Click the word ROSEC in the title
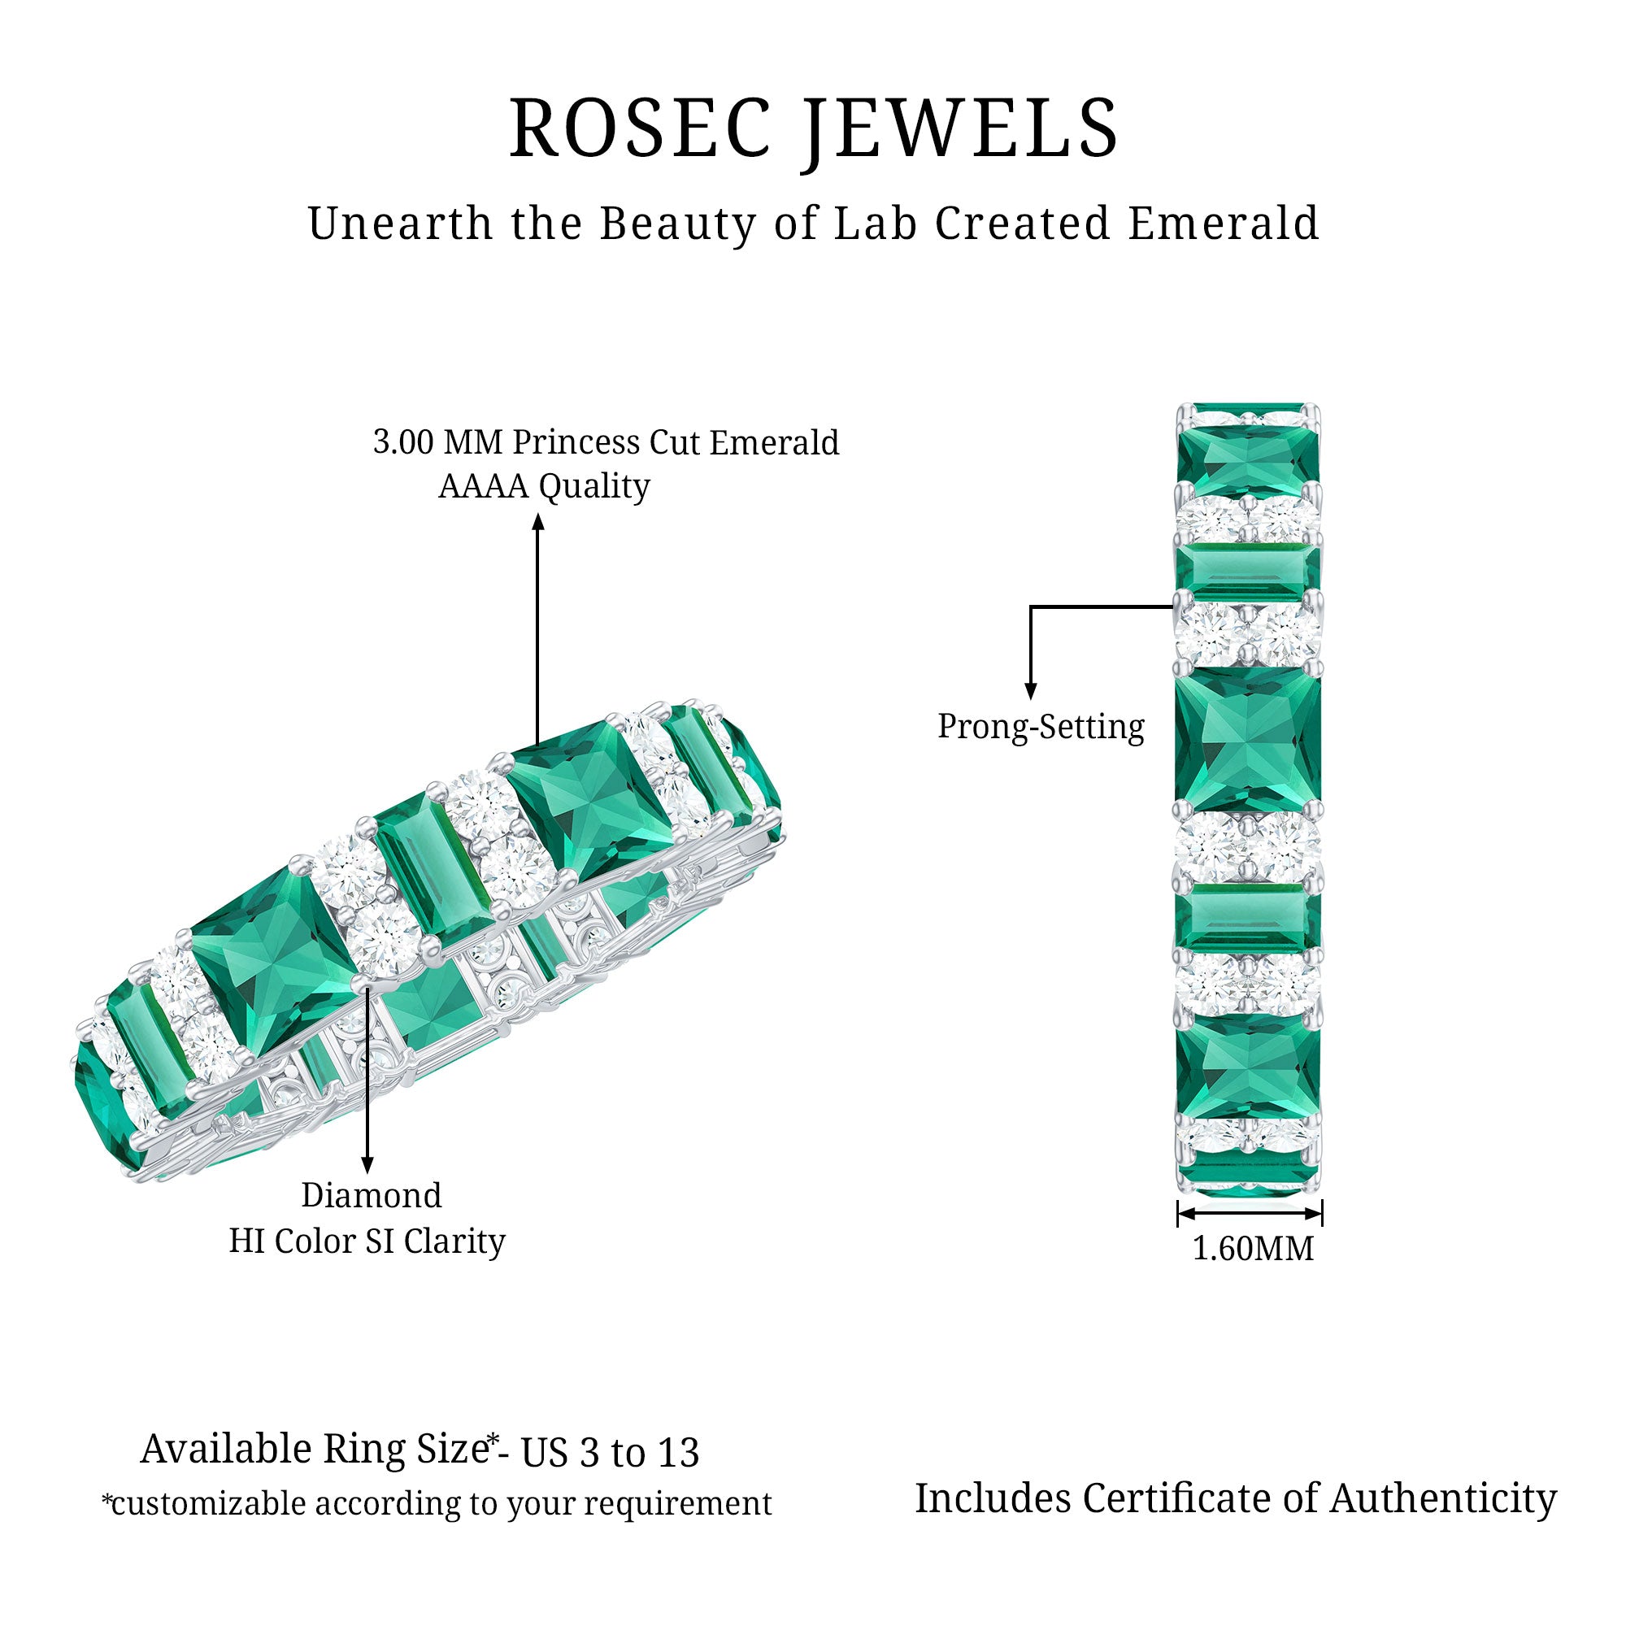point(640,128)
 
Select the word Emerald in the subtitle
point(1223,224)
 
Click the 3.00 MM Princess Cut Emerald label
point(606,443)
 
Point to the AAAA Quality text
point(544,486)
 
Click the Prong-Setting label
point(1041,726)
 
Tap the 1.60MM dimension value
point(1252,1248)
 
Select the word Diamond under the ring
point(372,1195)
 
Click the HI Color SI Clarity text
point(367,1241)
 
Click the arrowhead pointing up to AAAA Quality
point(539,522)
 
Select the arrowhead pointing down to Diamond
point(367,1165)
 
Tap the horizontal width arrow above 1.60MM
point(1250,1213)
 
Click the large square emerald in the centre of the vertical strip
point(1248,741)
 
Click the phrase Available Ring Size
point(313,1450)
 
